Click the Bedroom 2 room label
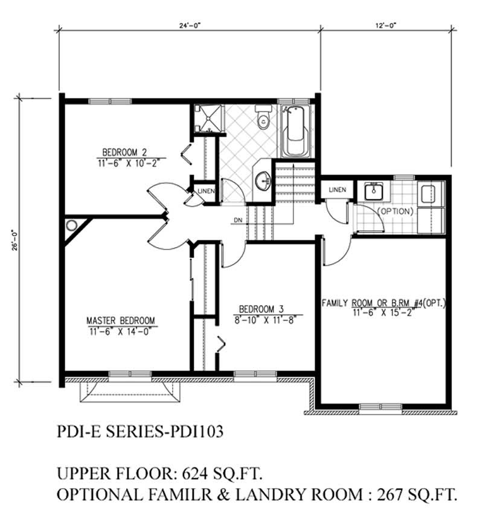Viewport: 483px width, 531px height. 124,152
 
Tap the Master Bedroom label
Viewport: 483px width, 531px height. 121,320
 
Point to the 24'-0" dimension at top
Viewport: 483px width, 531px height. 188,26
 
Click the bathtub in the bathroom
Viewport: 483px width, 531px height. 296,131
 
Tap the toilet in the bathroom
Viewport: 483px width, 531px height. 263,118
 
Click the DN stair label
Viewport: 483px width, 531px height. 237,220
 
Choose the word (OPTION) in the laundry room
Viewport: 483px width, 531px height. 395,212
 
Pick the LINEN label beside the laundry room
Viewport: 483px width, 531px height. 337,190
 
